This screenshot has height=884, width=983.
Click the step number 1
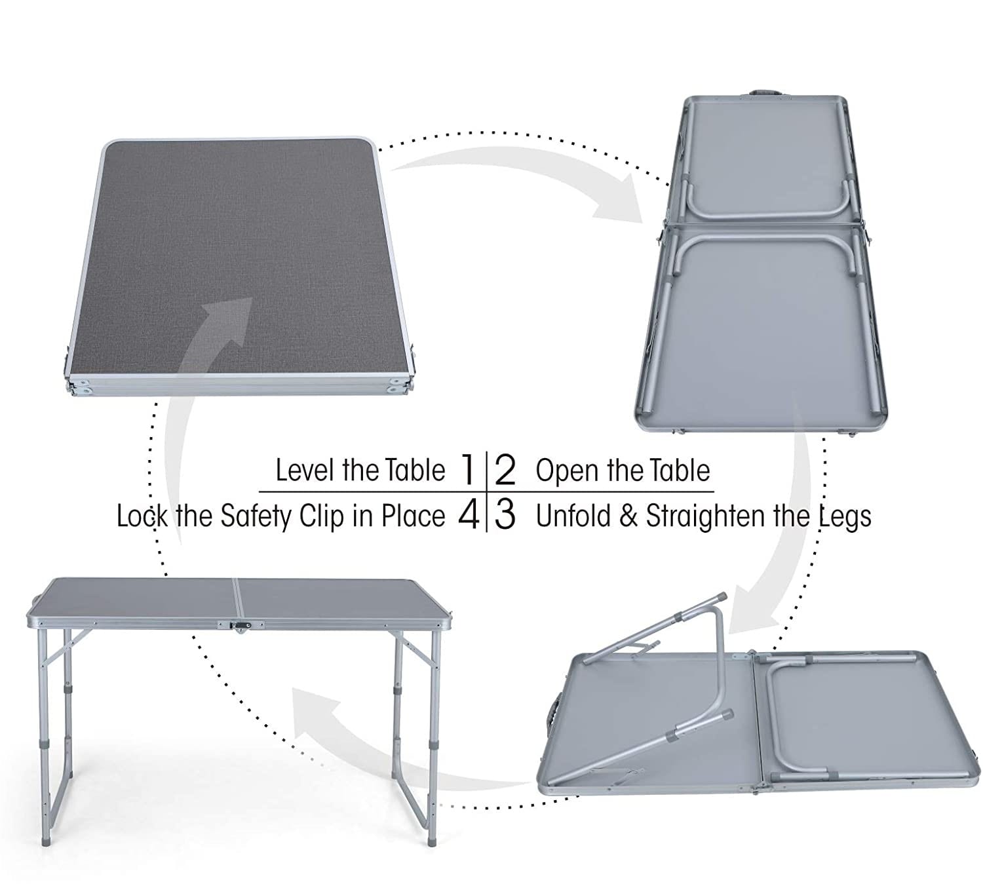pos(468,469)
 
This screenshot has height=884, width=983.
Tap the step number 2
pos(505,470)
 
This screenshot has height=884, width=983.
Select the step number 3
pos(505,515)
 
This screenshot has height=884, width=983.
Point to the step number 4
pos(469,515)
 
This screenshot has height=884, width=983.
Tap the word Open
pos(567,471)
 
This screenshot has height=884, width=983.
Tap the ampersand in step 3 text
pos(629,516)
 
